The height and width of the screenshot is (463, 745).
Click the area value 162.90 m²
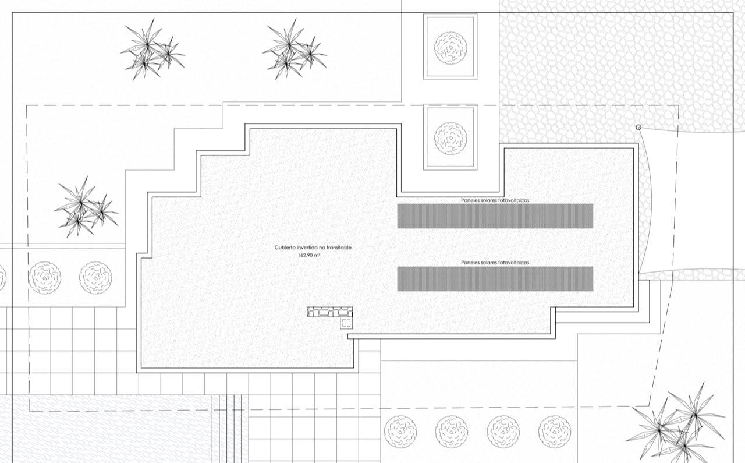coord(309,255)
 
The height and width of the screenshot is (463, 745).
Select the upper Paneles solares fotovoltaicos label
coord(495,200)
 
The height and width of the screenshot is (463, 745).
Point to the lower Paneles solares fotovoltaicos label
coord(495,263)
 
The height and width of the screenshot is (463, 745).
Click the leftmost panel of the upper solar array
coord(422,216)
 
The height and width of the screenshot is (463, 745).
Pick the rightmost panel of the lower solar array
coord(569,278)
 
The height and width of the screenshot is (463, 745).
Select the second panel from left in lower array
coord(471,278)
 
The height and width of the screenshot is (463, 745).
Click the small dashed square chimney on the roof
coord(346,323)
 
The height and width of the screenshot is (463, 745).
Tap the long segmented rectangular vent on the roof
coord(329,312)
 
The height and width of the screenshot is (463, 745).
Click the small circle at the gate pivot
coord(638,127)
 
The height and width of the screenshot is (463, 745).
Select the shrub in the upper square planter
coord(450,48)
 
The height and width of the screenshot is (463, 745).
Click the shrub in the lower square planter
coord(450,139)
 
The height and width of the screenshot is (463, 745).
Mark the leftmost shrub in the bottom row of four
coord(400,432)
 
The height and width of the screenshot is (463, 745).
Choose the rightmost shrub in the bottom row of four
coord(555,432)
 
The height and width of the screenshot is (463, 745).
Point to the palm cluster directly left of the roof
coord(86,208)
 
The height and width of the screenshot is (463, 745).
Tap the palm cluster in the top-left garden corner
coord(152,50)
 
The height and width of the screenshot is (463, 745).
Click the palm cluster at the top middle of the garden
coord(295,50)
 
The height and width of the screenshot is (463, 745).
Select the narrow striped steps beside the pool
coord(230,429)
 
